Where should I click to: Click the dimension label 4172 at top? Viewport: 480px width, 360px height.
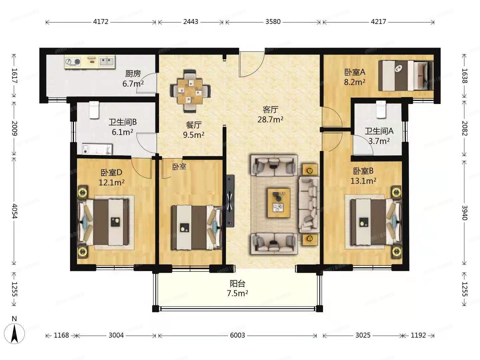click(101, 22)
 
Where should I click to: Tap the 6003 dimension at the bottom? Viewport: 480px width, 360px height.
click(237, 335)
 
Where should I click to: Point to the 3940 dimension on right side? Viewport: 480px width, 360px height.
click(464, 213)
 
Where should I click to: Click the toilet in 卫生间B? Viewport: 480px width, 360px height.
click(94, 110)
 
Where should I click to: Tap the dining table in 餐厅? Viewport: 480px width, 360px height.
click(190, 91)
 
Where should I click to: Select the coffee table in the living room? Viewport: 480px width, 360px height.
click(279, 203)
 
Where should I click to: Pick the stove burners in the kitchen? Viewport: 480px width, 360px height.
click(73, 62)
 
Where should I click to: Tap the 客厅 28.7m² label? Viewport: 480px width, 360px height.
click(270, 114)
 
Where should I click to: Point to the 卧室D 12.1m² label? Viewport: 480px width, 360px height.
click(112, 177)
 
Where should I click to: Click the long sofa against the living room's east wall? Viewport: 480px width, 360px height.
click(309, 205)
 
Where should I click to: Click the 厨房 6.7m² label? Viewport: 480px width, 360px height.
click(133, 78)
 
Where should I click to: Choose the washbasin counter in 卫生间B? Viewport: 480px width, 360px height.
click(97, 149)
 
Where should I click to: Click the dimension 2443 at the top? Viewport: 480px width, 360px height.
click(191, 22)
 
